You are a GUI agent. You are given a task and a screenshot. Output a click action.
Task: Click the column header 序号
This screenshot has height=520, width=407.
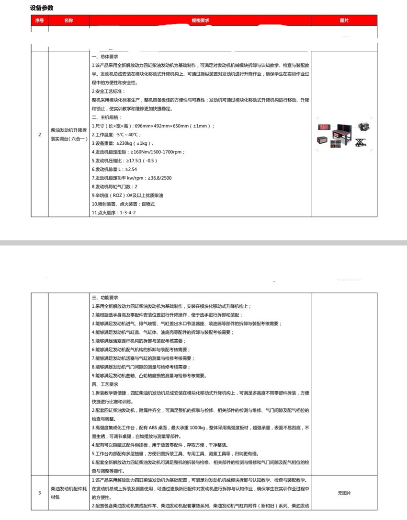pyautogui.click(x=39, y=21)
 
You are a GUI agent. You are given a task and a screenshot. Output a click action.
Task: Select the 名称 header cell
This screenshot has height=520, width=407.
pyautogui.click(x=69, y=21)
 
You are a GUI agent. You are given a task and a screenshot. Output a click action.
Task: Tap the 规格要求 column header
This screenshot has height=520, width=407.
pyautogui.click(x=201, y=21)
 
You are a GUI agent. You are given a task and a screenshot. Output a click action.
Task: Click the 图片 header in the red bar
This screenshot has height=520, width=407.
pyautogui.click(x=344, y=21)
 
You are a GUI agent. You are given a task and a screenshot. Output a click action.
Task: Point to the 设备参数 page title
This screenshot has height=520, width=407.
pyautogui.click(x=42, y=8)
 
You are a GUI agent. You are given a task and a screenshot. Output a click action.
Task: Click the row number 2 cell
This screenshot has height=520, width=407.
pyautogui.click(x=39, y=135)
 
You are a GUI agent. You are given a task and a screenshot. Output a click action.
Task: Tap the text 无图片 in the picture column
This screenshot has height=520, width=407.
pyautogui.click(x=344, y=493)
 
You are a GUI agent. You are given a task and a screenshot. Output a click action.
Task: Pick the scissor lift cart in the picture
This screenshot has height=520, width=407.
pyautogui.click(x=361, y=142)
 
